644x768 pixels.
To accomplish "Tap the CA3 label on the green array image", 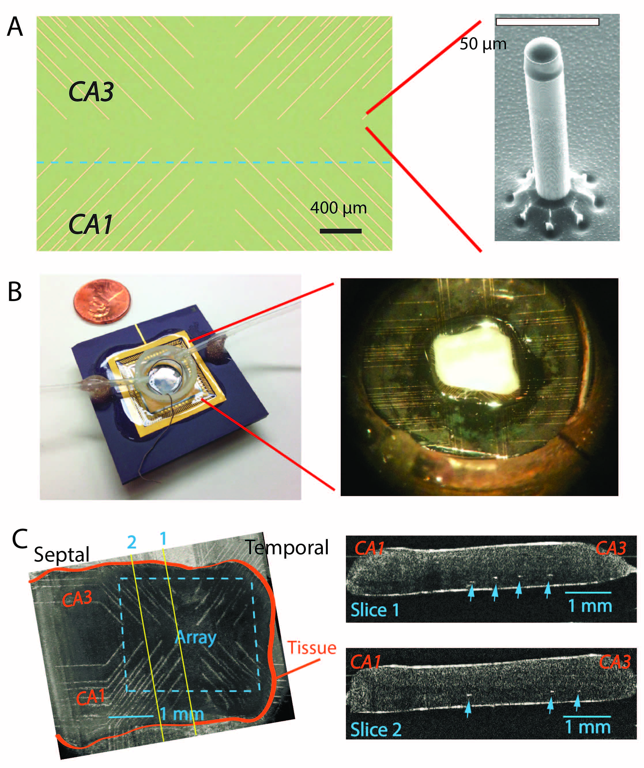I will tap(91, 91).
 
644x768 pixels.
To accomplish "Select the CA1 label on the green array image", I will tap(90, 224).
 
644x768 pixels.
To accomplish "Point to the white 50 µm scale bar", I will tap(547, 22).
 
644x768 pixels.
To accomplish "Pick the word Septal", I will tap(61, 555).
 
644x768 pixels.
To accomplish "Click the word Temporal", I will tap(287, 547).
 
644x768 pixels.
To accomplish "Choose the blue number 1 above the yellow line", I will tap(163, 538).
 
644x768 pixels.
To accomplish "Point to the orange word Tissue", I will tap(312, 648).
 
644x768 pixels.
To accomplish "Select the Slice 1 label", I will tap(375, 610).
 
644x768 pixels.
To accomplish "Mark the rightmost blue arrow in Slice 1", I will tap(547, 589).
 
